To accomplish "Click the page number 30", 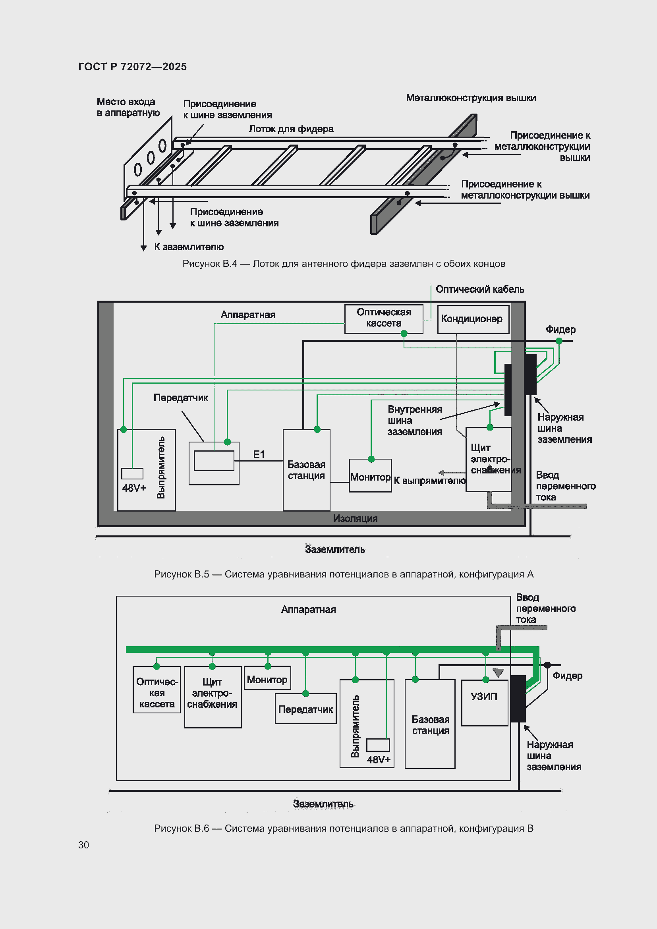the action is (83, 845).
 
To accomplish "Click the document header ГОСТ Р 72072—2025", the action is (132, 67).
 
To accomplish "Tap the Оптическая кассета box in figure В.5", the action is (384, 319).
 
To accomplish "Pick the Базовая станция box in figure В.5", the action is (306, 470).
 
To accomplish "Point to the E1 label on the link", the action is (259, 454).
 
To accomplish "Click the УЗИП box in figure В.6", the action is (485, 703).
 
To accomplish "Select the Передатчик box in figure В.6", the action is (305, 709).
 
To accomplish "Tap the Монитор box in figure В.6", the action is (267, 678).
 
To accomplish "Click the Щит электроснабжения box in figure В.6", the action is (213, 697).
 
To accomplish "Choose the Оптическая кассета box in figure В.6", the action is (157, 690).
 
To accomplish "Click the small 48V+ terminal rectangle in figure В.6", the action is (378, 745).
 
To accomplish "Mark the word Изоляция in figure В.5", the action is (355, 518).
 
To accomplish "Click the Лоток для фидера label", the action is (291, 129).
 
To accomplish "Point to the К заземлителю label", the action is (189, 247).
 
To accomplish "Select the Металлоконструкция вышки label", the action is (471, 98).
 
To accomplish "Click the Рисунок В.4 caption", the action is (344, 264).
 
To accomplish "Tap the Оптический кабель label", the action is (480, 289).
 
